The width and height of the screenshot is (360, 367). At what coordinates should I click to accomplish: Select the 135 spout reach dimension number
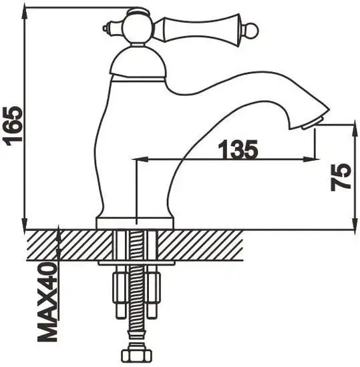(236, 150)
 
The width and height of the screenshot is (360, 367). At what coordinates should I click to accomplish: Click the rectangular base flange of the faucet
(136, 223)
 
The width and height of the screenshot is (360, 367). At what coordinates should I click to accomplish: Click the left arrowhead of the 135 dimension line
(142, 159)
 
